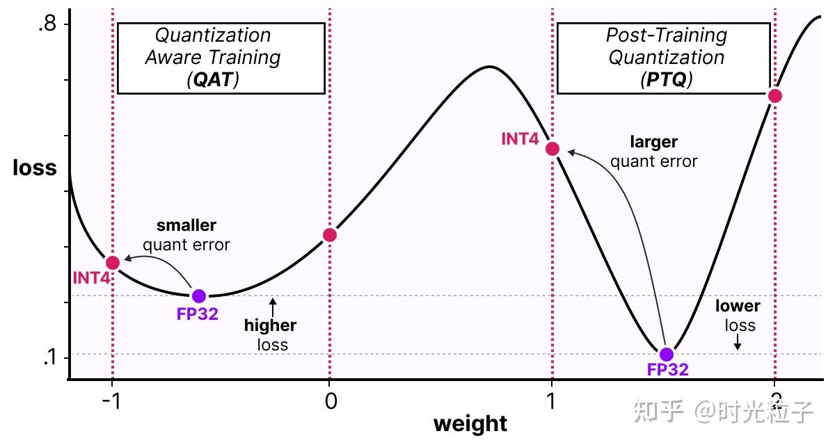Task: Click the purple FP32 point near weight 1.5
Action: point(667,354)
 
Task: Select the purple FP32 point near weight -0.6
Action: point(199,296)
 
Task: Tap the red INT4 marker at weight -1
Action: point(113,262)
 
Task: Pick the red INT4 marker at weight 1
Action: point(552,149)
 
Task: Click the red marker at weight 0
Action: point(330,235)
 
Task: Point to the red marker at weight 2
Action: point(774,96)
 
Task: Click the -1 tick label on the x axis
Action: point(111,401)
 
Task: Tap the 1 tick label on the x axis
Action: point(552,401)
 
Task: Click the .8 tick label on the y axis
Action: point(47,25)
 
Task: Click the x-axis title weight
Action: point(470,424)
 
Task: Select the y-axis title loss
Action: point(35,168)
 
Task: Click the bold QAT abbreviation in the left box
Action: point(213,79)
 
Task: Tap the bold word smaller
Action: point(186,225)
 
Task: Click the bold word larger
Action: point(653,142)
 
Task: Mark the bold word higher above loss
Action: point(270,325)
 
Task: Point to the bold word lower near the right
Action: point(738,306)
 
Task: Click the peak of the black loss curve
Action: point(490,67)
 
